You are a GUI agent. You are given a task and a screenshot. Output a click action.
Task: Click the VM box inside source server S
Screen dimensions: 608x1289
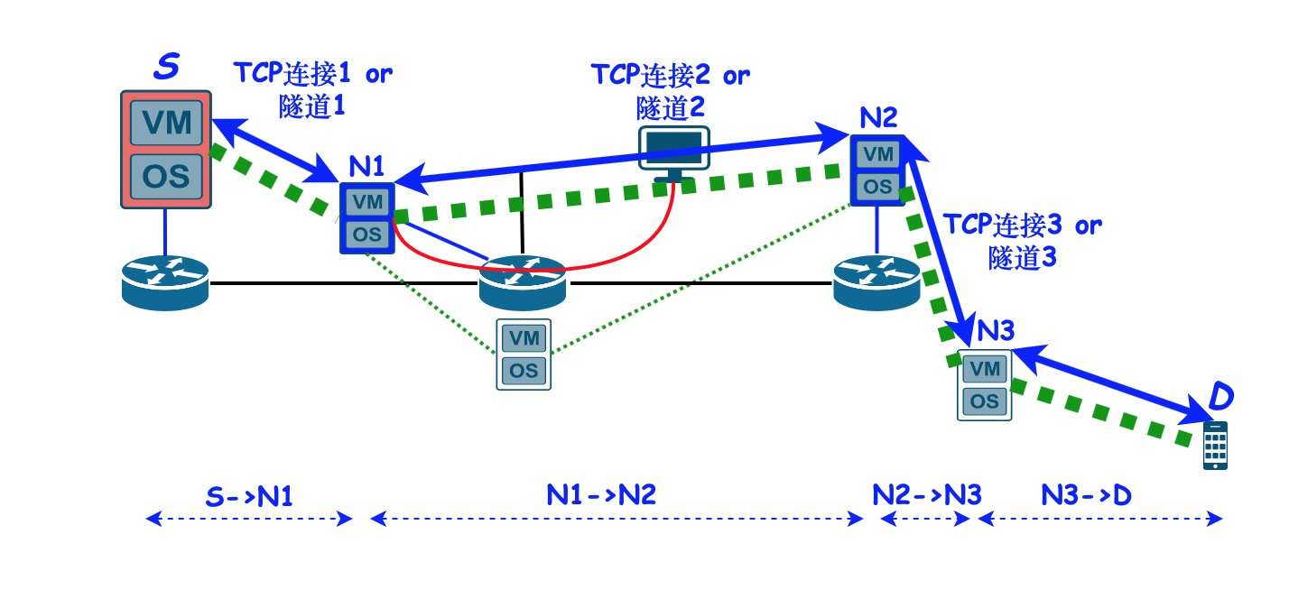coord(166,123)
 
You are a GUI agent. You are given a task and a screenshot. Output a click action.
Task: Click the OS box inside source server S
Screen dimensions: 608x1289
coord(166,176)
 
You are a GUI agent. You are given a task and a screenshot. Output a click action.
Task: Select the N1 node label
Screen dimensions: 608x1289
coord(367,166)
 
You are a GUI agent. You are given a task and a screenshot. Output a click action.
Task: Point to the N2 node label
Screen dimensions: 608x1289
coord(877,116)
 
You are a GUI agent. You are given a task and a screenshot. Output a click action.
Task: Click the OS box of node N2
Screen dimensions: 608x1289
coord(876,187)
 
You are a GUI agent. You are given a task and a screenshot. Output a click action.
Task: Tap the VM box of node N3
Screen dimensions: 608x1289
coord(984,368)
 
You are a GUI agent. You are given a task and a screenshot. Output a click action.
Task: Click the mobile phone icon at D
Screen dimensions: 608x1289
coord(1215,445)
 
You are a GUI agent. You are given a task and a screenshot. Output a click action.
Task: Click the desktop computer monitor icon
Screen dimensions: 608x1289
coord(673,151)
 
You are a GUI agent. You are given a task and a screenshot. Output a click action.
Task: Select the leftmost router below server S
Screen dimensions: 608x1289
coord(165,281)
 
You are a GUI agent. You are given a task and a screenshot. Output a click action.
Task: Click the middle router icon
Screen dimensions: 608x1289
coord(522,281)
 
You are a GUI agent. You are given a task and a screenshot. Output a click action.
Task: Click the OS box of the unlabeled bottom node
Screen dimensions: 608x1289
coord(524,370)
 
